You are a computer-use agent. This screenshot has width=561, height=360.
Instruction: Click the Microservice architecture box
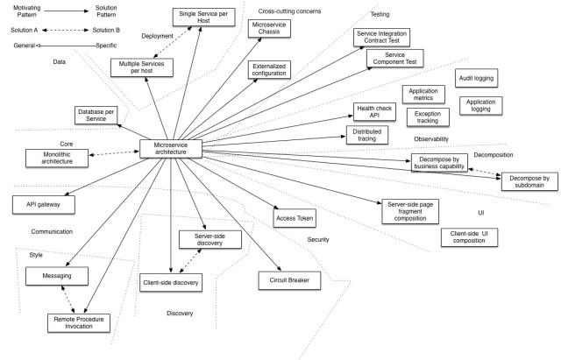click(171, 148)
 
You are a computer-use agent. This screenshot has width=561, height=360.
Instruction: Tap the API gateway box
click(44, 203)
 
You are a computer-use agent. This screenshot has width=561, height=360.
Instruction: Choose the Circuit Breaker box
click(290, 280)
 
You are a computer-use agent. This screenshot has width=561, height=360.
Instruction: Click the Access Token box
click(295, 218)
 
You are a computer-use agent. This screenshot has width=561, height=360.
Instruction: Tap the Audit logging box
click(476, 78)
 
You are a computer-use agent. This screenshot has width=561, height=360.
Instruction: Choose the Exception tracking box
click(428, 116)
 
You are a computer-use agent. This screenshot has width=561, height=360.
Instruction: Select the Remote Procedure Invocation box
click(80, 321)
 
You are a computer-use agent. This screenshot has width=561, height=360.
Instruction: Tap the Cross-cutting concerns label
click(290, 11)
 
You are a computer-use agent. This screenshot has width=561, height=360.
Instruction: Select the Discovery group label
click(181, 313)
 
